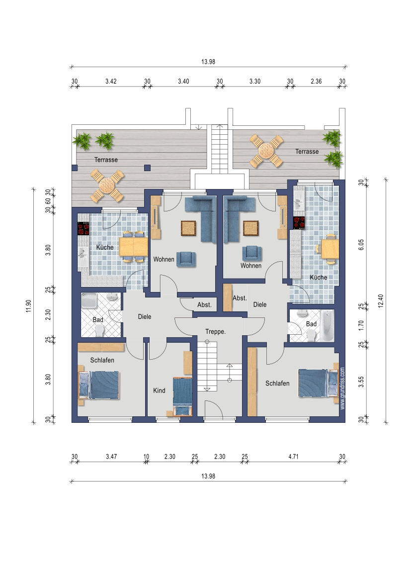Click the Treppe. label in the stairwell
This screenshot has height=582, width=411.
(x=216, y=331)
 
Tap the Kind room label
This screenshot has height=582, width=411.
(x=159, y=390)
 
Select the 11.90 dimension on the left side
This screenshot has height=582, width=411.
(x=28, y=306)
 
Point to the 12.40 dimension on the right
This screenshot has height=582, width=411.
(x=381, y=301)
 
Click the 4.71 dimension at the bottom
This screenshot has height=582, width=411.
(x=293, y=457)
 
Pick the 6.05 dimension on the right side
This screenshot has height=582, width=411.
(x=361, y=244)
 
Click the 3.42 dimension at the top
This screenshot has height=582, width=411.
(x=111, y=81)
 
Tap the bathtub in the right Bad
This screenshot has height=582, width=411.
(x=327, y=326)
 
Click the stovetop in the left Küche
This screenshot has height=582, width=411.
(x=83, y=228)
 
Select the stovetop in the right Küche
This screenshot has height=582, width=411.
(x=299, y=223)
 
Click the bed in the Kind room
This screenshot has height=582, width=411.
(x=182, y=397)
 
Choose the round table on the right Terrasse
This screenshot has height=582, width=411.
(x=266, y=151)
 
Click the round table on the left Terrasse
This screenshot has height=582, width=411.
(x=107, y=185)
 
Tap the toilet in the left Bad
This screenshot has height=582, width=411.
(x=99, y=330)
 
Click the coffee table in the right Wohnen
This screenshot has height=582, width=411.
(x=251, y=228)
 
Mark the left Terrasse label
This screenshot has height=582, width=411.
(x=106, y=160)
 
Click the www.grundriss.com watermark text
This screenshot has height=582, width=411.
(x=342, y=388)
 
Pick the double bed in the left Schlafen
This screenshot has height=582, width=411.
(x=99, y=386)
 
